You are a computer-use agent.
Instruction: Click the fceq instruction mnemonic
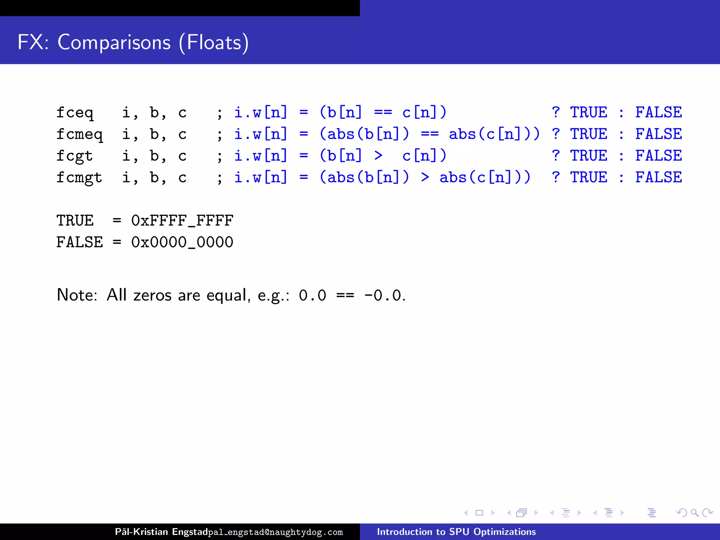click(75, 113)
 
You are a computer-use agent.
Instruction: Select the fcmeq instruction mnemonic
click(79, 135)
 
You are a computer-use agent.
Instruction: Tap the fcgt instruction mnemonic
click(75, 156)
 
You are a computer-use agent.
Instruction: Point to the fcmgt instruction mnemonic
click(79, 178)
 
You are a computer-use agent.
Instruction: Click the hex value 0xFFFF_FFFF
click(182, 221)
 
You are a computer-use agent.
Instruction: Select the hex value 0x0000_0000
click(182, 242)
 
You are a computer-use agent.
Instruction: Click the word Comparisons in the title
click(114, 43)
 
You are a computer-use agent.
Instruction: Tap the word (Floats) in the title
click(214, 43)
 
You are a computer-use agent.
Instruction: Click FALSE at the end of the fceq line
click(658, 112)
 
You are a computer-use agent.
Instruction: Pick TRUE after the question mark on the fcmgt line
click(589, 177)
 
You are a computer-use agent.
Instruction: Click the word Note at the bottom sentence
click(77, 295)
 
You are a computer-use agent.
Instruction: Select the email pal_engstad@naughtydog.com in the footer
click(275, 532)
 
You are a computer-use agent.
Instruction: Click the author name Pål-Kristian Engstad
click(161, 532)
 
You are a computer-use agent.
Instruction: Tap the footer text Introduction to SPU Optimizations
click(456, 532)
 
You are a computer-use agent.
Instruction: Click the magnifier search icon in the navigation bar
click(694, 513)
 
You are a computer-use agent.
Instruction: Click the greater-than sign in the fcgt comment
click(378, 155)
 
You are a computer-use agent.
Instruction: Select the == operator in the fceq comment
click(383, 112)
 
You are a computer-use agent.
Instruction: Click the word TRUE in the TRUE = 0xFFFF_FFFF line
click(75, 221)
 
